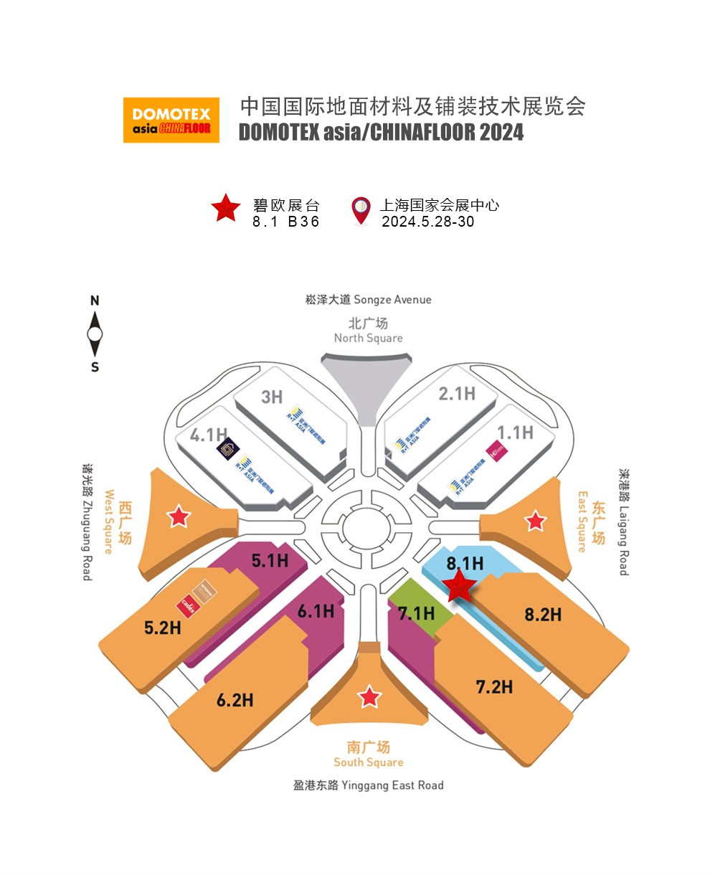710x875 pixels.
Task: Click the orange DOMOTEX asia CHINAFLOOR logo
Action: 171,120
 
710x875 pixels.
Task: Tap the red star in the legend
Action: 226,208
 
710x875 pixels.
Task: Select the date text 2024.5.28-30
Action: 427,222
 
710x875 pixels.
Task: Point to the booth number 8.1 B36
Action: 285,222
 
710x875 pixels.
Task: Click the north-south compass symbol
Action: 95,334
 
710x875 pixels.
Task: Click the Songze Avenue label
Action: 368,299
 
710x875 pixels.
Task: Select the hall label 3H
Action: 272,396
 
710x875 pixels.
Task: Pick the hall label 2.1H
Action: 457,393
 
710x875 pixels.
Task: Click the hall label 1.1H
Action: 515,432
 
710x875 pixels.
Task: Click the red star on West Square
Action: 178,516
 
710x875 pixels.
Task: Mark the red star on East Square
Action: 535,521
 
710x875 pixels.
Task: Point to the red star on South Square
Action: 369,696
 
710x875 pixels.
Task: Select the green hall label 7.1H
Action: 416,613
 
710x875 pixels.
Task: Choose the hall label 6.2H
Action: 235,699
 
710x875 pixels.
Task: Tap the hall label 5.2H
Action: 162,628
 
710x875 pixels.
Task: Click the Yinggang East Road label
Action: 368,785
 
